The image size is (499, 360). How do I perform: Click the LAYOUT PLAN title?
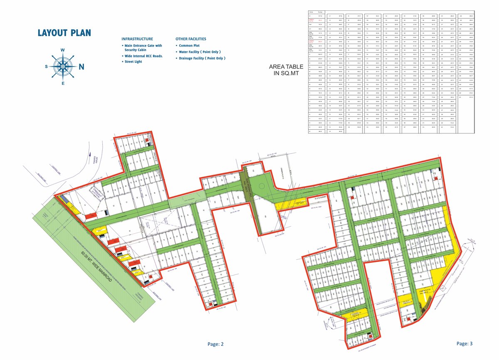pyautogui.click(x=64, y=33)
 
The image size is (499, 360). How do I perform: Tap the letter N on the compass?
pyautogui.click(x=82, y=67)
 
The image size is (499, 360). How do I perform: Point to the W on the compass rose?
pyautogui.click(x=63, y=50)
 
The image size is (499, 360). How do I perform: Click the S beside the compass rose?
pyautogui.click(x=47, y=67)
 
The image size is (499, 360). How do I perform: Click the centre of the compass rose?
pyautogui.click(x=63, y=66)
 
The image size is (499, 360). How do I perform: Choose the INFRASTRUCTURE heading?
pyautogui.click(x=137, y=39)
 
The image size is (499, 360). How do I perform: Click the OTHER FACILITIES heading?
pyautogui.click(x=190, y=39)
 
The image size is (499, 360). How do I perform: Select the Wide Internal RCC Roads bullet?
pyautogui.click(x=143, y=56)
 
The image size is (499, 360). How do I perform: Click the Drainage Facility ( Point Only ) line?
pyautogui.click(x=202, y=58)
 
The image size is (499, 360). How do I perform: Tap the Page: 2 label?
pyautogui.click(x=215, y=344)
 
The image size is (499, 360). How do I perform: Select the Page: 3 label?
pyautogui.click(x=464, y=344)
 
